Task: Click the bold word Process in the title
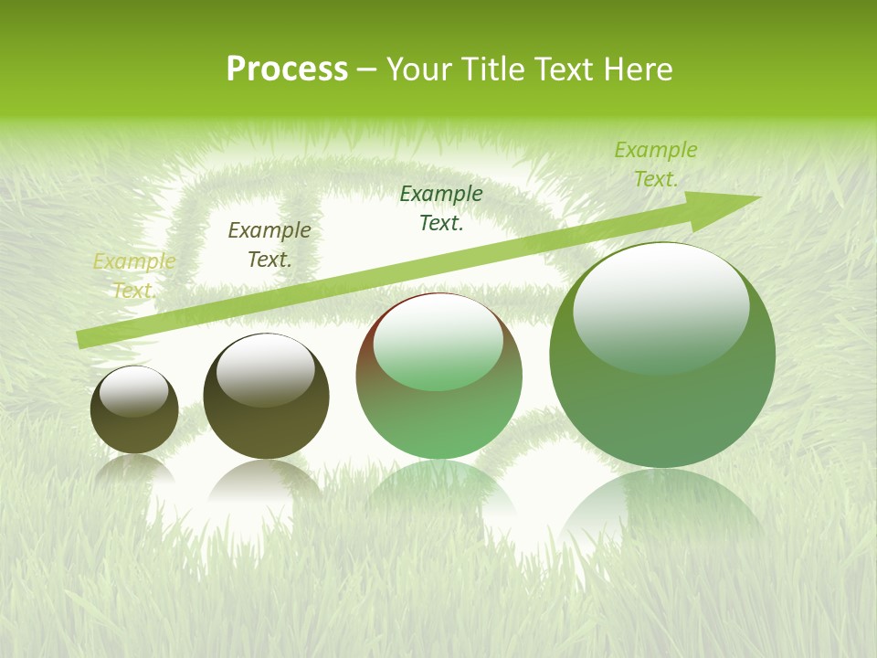(x=287, y=69)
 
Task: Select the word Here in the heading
(x=638, y=69)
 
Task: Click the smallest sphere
(x=134, y=409)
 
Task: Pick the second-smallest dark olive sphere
(x=266, y=397)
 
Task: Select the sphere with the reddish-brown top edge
(x=439, y=377)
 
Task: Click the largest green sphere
(x=662, y=356)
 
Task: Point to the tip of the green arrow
(x=758, y=197)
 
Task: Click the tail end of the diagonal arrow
(x=80, y=340)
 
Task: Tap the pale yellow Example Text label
(x=133, y=276)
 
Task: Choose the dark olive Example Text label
(x=269, y=245)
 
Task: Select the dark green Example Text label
(x=441, y=207)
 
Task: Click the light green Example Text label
(x=655, y=164)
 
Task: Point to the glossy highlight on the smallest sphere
(x=134, y=391)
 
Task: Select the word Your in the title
(x=421, y=69)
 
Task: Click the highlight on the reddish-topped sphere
(x=438, y=341)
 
